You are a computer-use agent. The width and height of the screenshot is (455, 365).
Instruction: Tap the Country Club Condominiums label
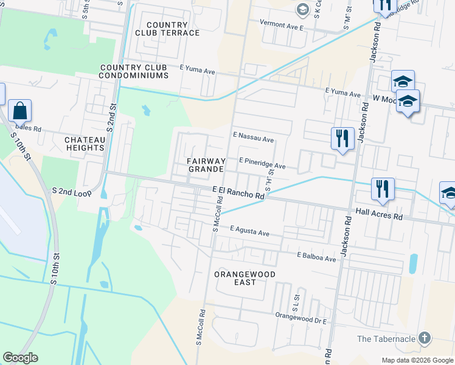pos(134,71)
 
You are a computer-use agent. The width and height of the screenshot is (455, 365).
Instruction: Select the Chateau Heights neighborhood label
pos(85,144)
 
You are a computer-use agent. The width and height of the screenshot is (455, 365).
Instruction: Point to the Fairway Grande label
pos(207,164)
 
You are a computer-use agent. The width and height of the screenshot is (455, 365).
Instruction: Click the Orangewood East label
pos(245,279)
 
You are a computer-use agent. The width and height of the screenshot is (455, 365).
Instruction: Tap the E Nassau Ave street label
pos(253,139)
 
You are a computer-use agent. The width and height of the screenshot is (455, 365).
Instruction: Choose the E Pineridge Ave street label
pos(262,162)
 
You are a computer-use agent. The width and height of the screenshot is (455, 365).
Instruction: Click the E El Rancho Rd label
pos(238,193)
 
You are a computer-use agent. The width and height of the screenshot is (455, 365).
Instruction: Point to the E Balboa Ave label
pos(316,257)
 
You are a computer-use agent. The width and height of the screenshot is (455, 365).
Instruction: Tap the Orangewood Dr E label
pos(302,318)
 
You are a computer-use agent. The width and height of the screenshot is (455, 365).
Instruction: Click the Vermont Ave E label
pos(281,27)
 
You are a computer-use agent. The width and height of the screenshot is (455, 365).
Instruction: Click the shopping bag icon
pos(19,111)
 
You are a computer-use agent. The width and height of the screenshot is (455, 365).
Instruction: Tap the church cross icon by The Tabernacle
pos(425,338)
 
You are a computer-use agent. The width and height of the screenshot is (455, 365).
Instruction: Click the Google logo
pos(20,358)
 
